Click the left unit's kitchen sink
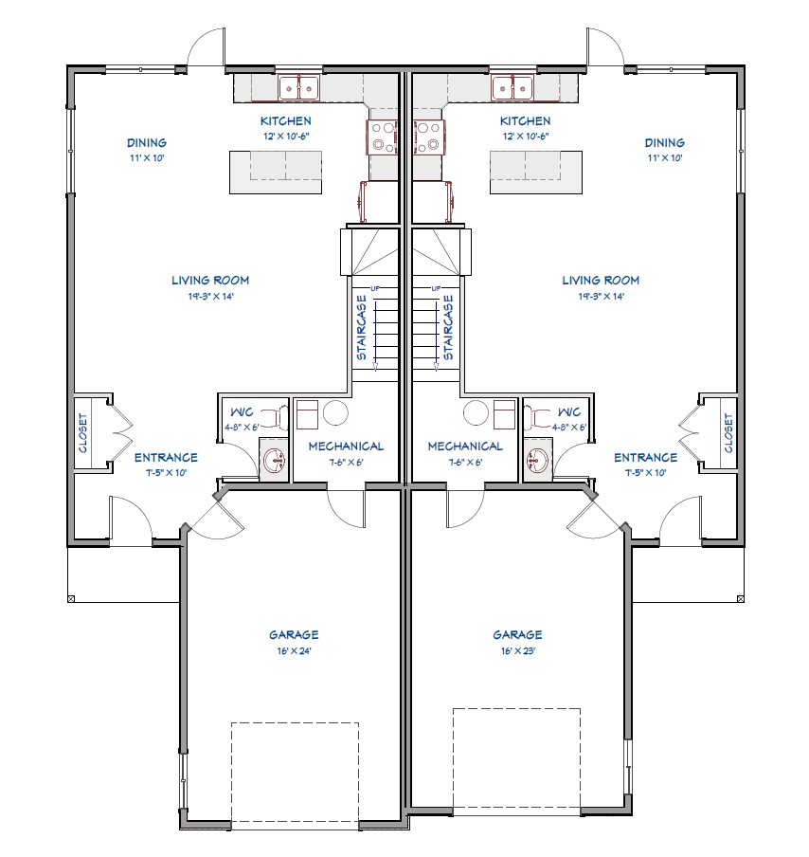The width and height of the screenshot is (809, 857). point(298,87)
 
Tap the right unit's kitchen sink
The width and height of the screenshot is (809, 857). point(512,87)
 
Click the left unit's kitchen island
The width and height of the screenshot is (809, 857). point(276,173)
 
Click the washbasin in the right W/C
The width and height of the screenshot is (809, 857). point(536,460)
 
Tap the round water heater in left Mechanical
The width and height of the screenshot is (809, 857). point(335,412)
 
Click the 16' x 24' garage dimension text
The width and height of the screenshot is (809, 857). point(294,651)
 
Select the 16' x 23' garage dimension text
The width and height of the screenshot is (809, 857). point(518,651)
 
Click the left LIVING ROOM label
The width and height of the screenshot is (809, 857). point(210,281)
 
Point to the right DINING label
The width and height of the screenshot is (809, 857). point(665,142)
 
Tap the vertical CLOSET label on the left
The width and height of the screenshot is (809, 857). point(83,433)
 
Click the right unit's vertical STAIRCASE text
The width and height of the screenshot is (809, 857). point(448,327)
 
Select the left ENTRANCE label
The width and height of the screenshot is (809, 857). point(166,458)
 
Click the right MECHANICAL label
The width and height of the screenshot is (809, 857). point(465,447)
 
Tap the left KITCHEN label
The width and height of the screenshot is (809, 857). point(286,120)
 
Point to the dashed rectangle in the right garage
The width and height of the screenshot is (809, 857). point(516,758)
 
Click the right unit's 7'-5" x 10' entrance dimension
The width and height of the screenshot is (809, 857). point(646,473)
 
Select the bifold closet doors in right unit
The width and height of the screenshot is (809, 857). point(690,434)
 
